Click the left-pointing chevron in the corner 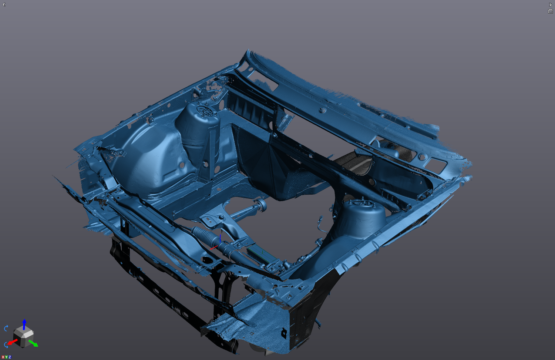4,4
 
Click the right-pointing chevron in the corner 550,4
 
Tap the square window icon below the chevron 550,11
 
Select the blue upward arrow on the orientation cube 24,324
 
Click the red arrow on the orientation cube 12,342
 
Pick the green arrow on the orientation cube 33,343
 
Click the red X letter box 3,357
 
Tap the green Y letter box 6,357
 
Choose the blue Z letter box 10,357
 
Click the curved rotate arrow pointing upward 6,328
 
